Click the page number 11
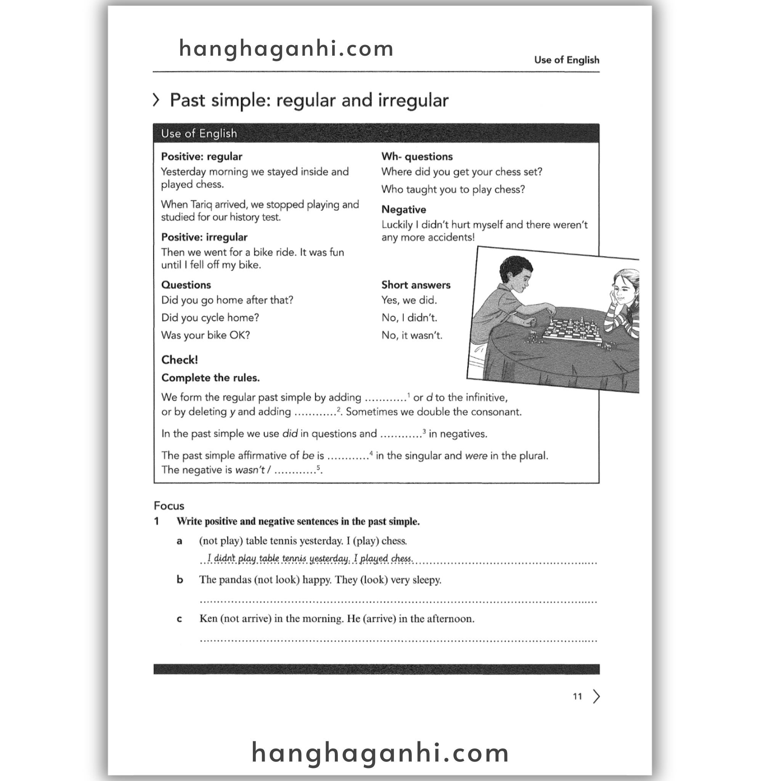point(577,696)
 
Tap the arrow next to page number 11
point(596,696)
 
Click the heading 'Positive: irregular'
point(204,237)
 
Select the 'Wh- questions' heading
point(417,157)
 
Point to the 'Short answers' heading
point(416,285)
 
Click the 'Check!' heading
point(180,360)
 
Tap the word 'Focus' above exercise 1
point(169,506)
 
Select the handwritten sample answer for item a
point(310,558)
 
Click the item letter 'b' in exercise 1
point(180,580)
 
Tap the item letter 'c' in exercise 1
point(180,619)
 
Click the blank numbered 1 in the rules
point(386,399)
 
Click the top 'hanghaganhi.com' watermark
point(286,48)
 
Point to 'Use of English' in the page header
point(566,60)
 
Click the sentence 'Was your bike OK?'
point(206,336)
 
